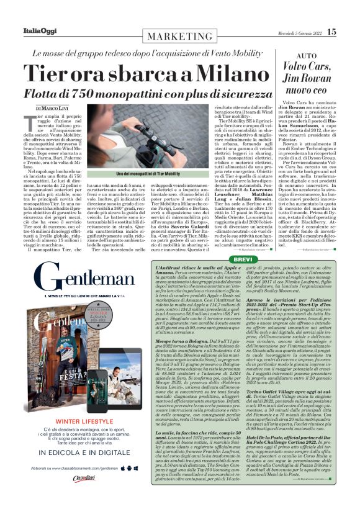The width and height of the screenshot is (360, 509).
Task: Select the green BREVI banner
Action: pyautogui.click(x=243, y=258)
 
